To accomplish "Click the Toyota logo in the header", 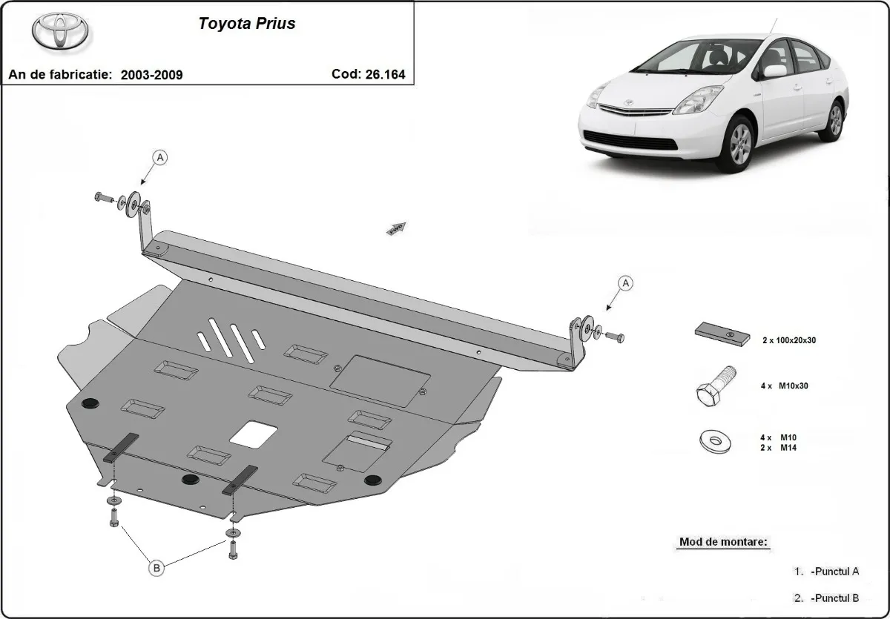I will pos(60,30).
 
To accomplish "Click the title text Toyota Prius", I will pos(246,24).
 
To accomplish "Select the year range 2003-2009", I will pos(151,75).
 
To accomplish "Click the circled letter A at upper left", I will pos(159,156).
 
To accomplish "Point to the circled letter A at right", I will pos(626,282).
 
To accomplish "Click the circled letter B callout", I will pos(156,568).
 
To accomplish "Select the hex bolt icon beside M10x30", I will pos(716,386).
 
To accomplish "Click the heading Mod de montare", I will pos(723,542).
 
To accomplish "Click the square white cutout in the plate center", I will pos(254,433).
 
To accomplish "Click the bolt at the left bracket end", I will pos(102,197).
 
